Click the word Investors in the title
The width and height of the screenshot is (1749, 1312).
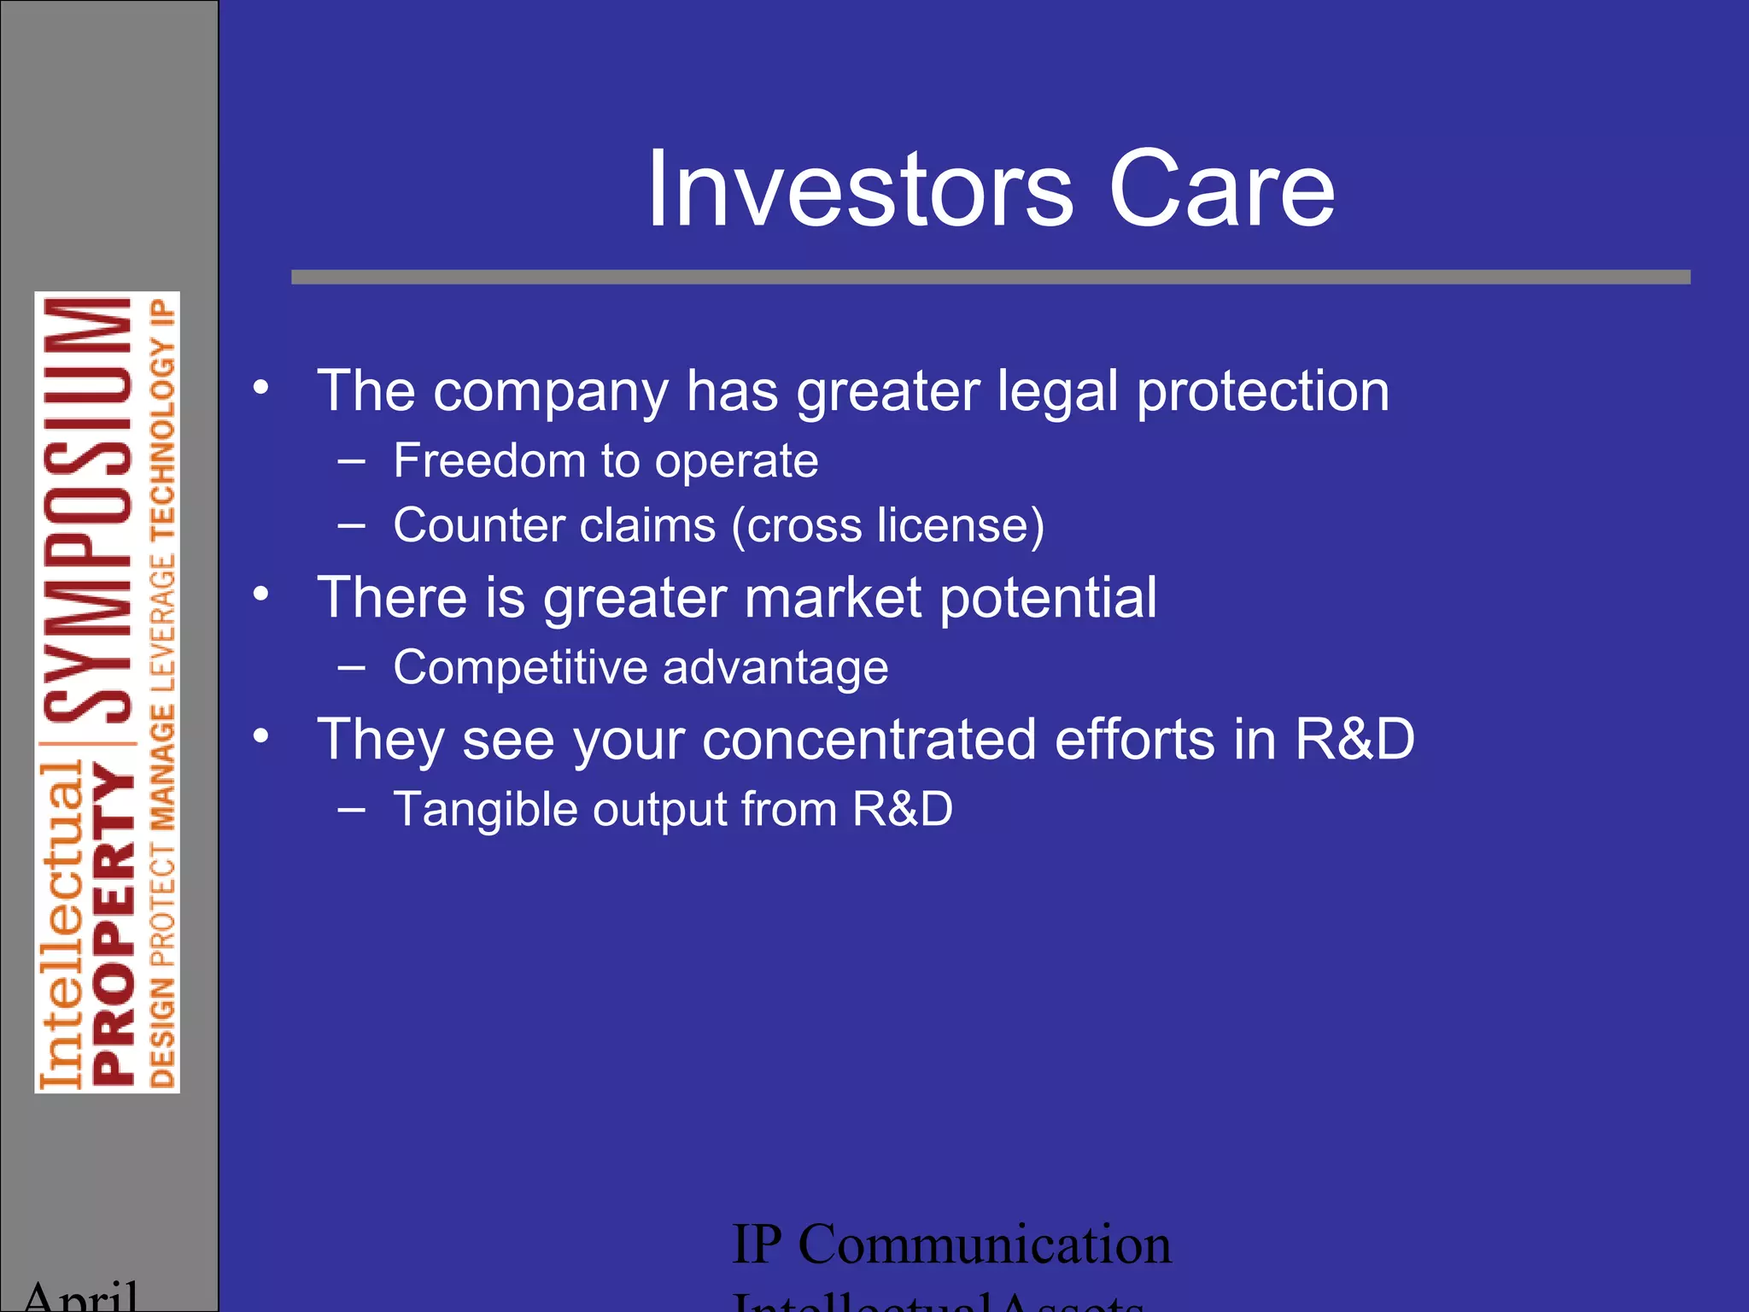pyautogui.click(x=859, y=190)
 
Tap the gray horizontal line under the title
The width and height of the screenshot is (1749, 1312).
pyautogui.click(x=991, y=277)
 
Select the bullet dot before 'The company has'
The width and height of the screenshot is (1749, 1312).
pyautogui.click(x=261, y=387)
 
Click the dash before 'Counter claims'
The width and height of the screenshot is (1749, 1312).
pyautogui.click(x=351, y=525)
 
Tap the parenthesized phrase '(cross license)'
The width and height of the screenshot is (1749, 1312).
pyautogui.click(x=887, y=525)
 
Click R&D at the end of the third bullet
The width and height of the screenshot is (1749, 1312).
pyautogui.click(x=1355, y=739)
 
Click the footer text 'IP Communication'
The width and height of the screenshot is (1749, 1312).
pyautogui.click(x=951, y=1245)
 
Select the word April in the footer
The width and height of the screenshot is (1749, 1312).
pyautogui.click(x=81, y=1297)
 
